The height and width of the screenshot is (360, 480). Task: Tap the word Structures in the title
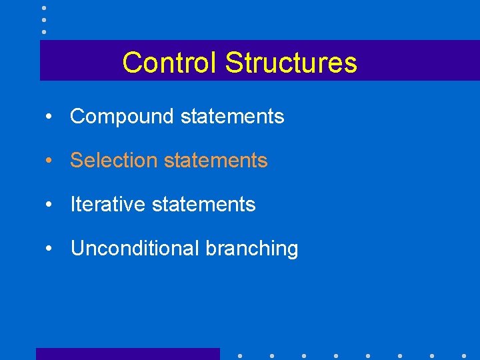[x=291, y=63]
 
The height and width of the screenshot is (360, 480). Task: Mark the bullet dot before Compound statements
[x=49, y=117]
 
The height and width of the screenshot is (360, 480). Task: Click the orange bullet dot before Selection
[x=49, y=161]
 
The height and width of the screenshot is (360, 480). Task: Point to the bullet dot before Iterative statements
[x=49, y=205]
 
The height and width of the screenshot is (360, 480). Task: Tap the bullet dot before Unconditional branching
[x=49, y=249]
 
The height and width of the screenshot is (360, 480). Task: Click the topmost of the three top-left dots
[x=44, y=8]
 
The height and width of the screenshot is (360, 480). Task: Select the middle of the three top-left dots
[x=44, y=19]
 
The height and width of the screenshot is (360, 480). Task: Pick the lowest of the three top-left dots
[x=44, y=31]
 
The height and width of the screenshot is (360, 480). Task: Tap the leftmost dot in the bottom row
[x=239, y=355]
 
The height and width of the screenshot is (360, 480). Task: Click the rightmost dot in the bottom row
[x=464, y=355]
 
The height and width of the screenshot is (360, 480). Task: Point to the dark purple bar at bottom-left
[x=127, y=354]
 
